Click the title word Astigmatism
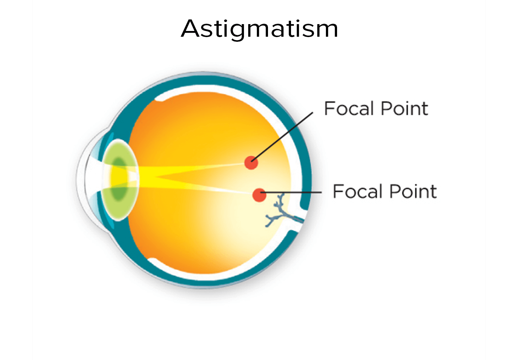(259, 29)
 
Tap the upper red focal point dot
(251, 163)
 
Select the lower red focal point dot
(259, 195)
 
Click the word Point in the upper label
(405, 108)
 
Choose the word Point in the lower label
(413, 191)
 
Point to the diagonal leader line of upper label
(282, 137)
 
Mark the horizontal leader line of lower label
(291, 192)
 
